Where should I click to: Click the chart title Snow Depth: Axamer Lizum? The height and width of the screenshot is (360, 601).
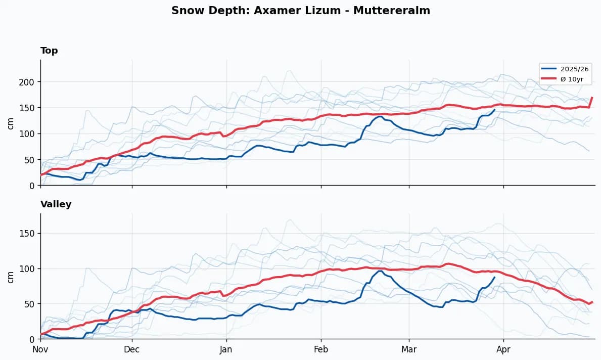(x=300, y=11)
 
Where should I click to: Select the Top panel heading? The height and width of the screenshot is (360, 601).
(x=49, y=51)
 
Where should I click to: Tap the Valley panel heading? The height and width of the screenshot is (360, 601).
(x=56, y=204)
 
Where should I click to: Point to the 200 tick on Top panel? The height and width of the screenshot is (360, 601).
(x=30, y=82)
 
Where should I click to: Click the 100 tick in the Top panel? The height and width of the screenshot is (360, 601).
(x=30, y=134)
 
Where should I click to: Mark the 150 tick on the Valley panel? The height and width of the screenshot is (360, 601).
(x=30, y=234)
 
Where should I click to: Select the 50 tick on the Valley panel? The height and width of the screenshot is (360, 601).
(x=32, y=304)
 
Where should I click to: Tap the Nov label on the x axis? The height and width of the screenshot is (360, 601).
(x=40, y=349)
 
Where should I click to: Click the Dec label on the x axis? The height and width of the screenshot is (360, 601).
(x=132, y=349)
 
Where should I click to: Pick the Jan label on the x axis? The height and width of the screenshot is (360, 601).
(x=226, y=349)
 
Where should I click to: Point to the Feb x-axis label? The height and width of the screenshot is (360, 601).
(x=321, y=349)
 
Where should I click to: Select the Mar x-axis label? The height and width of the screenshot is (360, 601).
(x=409, y=349)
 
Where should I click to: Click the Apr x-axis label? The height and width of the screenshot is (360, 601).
(x=503, y=349)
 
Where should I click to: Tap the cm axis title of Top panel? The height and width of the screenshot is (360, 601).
(x=11, y=123)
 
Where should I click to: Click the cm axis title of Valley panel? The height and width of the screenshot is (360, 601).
(x=11, y=277)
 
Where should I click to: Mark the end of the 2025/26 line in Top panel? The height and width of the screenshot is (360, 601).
(x=494, y=110)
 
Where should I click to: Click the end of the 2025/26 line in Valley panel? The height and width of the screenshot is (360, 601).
(x=494, y=277)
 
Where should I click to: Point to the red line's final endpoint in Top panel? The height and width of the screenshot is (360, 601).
(x=592, y=98)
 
